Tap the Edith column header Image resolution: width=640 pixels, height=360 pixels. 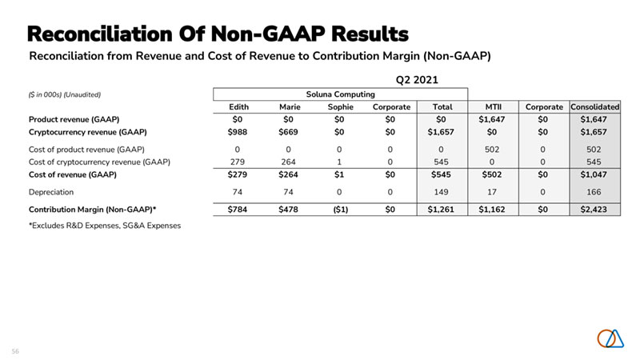point(239,106)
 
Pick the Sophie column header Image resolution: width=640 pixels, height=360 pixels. point(341,106)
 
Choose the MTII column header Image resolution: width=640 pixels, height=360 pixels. point(488,106)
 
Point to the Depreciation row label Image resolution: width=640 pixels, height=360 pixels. point(53,192)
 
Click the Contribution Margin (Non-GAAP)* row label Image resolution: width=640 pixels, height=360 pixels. point(92,210)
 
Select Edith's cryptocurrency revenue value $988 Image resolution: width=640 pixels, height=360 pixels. point(239,131)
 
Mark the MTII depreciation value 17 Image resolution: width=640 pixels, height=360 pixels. point(488,192)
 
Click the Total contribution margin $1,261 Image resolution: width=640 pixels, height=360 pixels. point(442,210)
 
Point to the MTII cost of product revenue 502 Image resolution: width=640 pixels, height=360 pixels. point(488,149)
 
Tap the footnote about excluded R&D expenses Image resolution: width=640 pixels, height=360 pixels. point(104,226)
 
